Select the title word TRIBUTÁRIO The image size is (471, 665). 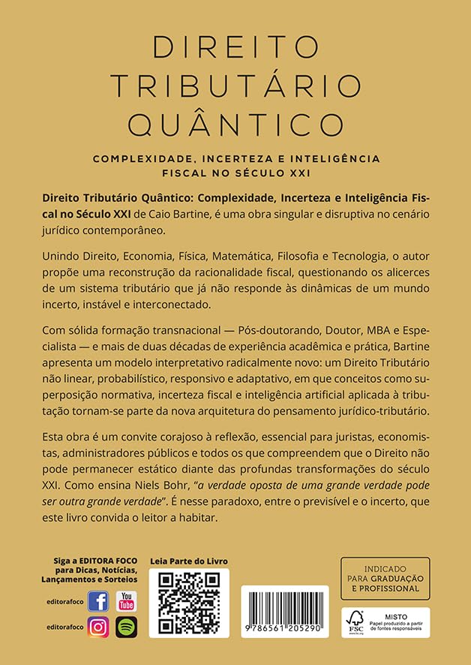tap(235, 85)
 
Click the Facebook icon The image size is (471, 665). tap(98, 601)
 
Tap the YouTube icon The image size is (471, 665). tap(126, 601)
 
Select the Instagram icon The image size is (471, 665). tap(98, 627)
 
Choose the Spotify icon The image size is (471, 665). tap(126, 627)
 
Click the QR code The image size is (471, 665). tap(188, 603)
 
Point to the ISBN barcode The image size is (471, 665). tap(284, 607)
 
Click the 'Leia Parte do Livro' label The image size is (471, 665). tap(188, 561)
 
